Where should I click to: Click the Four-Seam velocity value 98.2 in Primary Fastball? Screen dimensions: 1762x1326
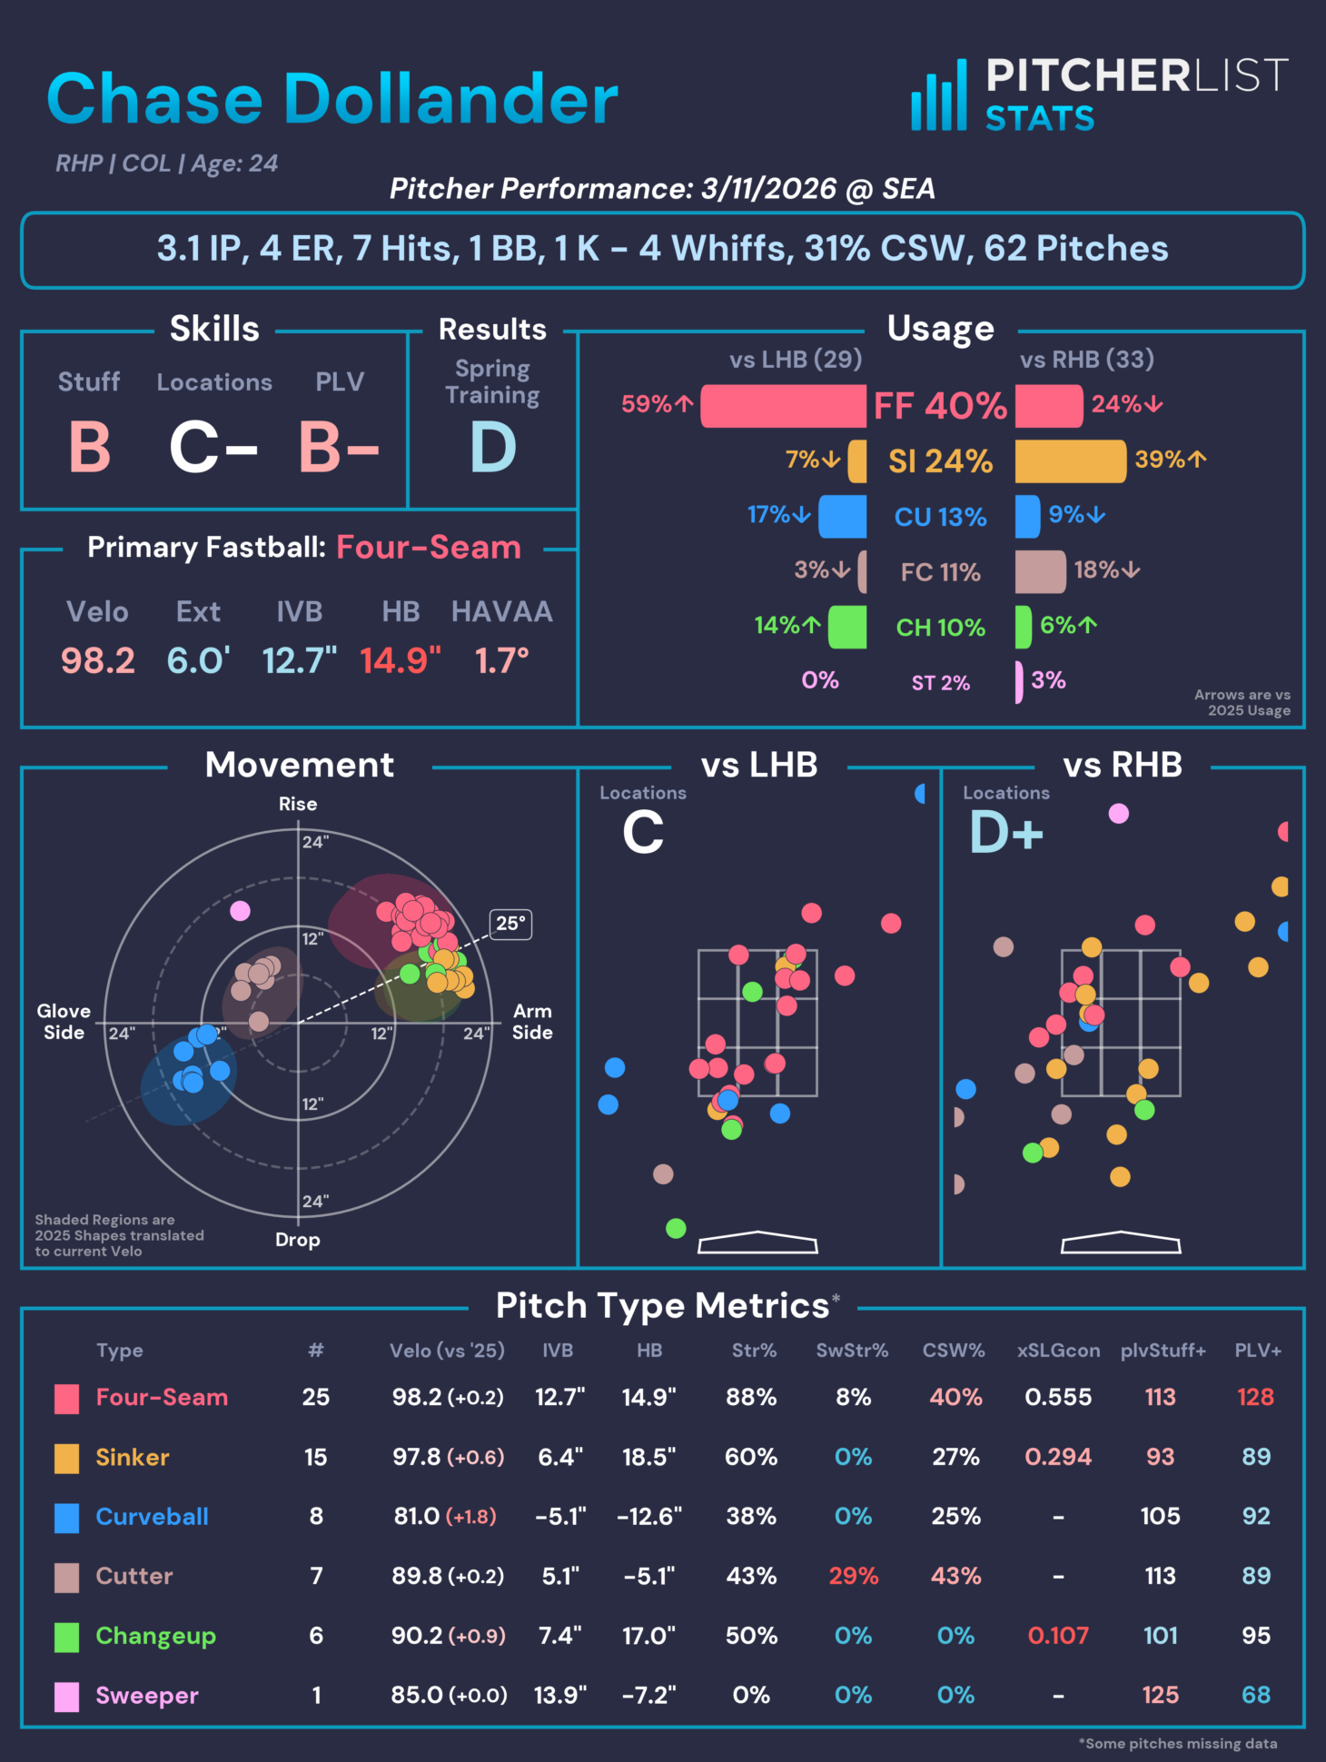pyautogui.click(x=98, y=661)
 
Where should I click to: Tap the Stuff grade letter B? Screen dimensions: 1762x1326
pyautogui.click(x=90, y=448)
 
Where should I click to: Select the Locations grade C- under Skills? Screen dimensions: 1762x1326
pyautogui.click(x=213, y=448)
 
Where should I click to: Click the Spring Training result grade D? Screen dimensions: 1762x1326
pyautogui.click(x=493, y=448)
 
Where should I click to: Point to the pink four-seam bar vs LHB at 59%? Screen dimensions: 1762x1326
pyautogui.click(x=783, y=406)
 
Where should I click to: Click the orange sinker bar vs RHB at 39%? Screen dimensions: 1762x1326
pyautogui.click(x=1070, y=461)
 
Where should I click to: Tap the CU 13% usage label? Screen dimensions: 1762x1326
pyautogui.click(x=940, y=517)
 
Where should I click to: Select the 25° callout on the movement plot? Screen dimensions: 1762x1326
pyautogui.click(x=510, y=924)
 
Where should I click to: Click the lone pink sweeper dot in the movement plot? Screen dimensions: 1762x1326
pyautogui.click(x=240, y=910)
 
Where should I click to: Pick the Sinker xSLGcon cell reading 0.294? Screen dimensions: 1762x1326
pyautogui.click(x=1058, y=1457)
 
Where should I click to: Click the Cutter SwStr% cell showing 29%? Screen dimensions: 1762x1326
pyautogui.click(x=853, y=1576)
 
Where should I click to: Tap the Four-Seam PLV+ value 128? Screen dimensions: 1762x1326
pyautogui.click(x=1255, y=1397)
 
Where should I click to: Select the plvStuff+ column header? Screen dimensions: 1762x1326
pyautogui.click(x=1163, y=1351)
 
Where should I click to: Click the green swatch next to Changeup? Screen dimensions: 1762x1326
pyautogui.click(x=66, y=1637)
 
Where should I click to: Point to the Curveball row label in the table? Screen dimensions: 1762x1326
pyautogui.click(x=152, y=1517)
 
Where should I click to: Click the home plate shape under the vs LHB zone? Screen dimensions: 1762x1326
pyautogui.click(x=757, y=1242)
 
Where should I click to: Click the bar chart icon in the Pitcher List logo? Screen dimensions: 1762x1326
pyautogui.click(x=938, y=96)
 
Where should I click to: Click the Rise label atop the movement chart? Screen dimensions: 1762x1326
pyautogui.click(x=298, y=804)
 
